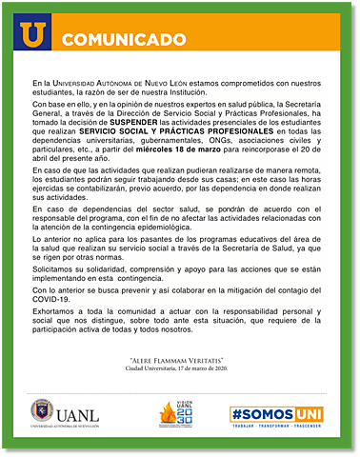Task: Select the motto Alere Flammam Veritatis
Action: tap(180, 361)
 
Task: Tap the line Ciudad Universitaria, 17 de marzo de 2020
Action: tap(180, 370)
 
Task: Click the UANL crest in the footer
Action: tap(44, 413)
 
